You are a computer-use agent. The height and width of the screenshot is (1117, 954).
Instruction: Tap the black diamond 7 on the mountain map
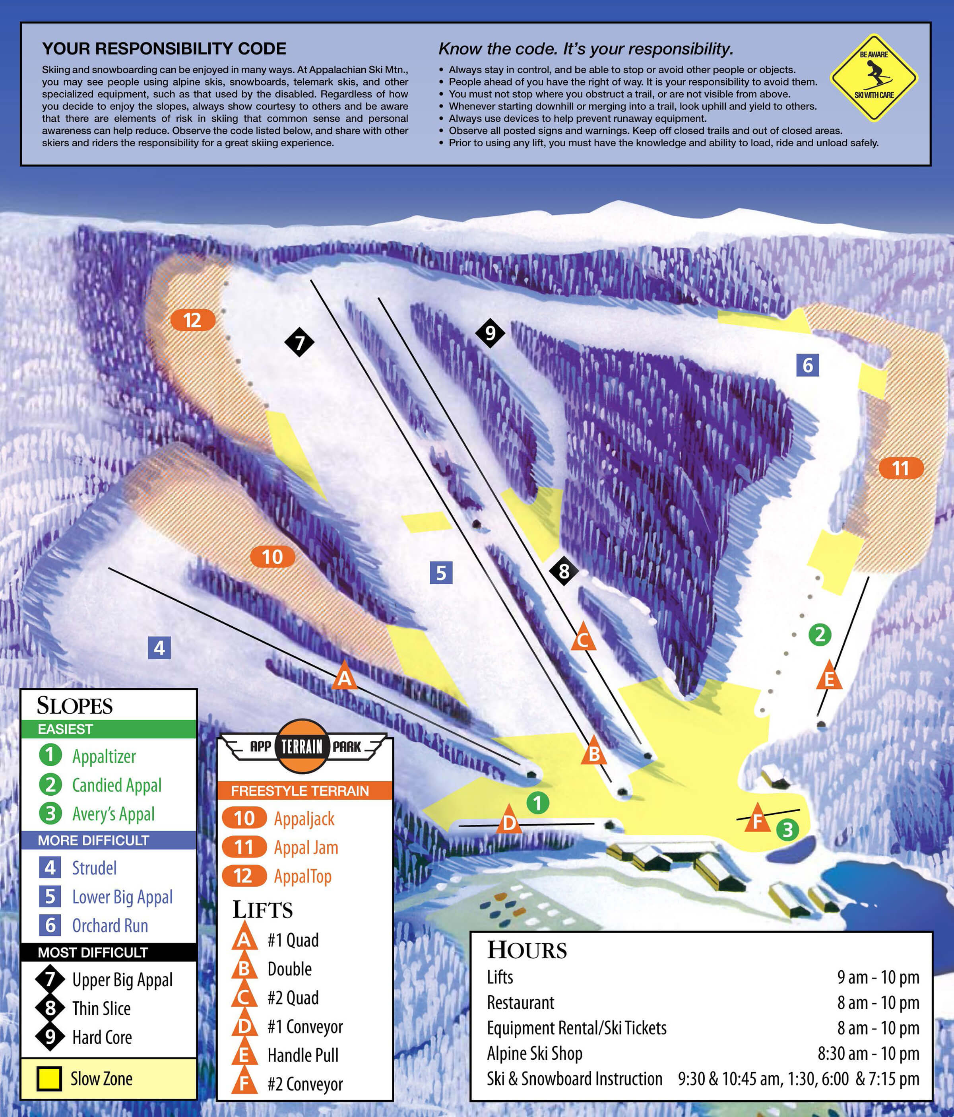click(299, 342)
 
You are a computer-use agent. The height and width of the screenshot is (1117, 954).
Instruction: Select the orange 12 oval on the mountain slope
click(192, 320)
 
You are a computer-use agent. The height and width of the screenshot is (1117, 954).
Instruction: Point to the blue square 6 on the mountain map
click(807, 365)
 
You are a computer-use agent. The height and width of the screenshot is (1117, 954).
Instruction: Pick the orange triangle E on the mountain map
click(829, 677)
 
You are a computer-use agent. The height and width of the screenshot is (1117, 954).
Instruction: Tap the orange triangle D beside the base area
click(509, 820)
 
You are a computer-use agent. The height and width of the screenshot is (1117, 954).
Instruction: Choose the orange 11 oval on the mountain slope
click(901, 468)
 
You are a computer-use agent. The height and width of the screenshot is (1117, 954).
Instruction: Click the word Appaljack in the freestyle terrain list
click(304, 819)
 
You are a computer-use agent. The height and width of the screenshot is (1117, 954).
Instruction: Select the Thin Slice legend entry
click(101, 1009)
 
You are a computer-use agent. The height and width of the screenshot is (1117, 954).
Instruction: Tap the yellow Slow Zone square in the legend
click(49, 1079)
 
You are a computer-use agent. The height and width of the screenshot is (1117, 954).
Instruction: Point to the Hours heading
click(527, 950)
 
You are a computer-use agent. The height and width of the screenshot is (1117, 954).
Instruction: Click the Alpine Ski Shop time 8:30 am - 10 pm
click(868, 1053)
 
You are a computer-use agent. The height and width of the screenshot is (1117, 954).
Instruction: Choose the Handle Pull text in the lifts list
click(303, 1055)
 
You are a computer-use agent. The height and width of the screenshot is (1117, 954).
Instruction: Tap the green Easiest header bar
click(109, 729)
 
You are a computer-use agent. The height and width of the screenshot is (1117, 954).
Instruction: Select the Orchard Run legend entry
click(110, 926)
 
